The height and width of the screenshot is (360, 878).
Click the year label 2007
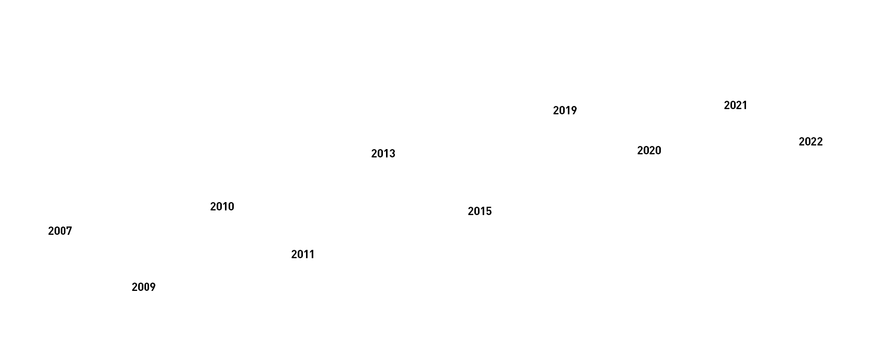(60, 231)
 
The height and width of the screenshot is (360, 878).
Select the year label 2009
(143, 287)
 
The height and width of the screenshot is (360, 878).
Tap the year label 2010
(222, 207)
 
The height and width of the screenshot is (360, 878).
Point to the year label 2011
(303, 255)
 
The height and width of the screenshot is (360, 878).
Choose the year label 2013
(383, 154)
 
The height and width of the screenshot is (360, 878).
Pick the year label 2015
(480, 211)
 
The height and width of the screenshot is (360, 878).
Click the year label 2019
(565, 111)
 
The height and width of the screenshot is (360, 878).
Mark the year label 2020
(649, 151)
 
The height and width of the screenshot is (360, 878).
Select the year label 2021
(735, 105)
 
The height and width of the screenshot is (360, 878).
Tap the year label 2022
(810, 142)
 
